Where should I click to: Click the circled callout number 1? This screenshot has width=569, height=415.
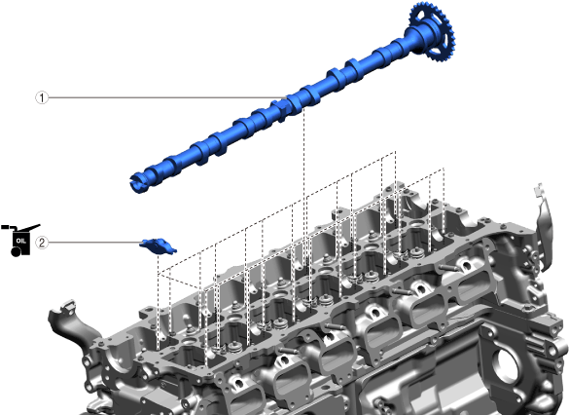pyautogui.click(x=42, y=97)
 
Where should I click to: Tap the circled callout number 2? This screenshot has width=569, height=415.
pyautogui.click(x=42, y=243)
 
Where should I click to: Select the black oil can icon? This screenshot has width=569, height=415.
pyautogui.click(x=20, y=240)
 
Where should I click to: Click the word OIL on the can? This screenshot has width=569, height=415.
pyautogui.click(x=21, y=241)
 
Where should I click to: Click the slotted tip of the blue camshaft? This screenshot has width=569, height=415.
pyautogui.click(x=137, y=182)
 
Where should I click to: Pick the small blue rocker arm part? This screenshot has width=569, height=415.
pyautogui.click(x=159, y=246)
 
